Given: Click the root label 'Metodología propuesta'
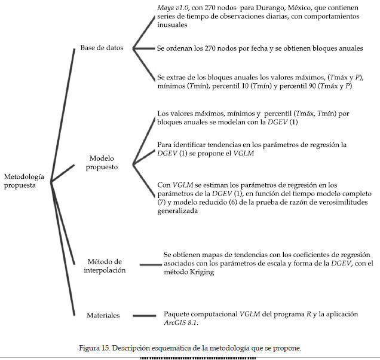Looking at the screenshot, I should [x=23, y=181].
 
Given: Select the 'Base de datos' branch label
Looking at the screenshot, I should [x=102, y=48].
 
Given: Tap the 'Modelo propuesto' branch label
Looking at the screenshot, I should [x=103, y=162].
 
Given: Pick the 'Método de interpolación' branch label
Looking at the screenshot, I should [x=105, y=266].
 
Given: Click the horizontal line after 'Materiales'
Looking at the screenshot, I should [x=144, y=315].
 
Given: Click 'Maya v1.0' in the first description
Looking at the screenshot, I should [x=171, y=8].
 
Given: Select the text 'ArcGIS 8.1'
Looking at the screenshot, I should [x=181, y=323].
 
